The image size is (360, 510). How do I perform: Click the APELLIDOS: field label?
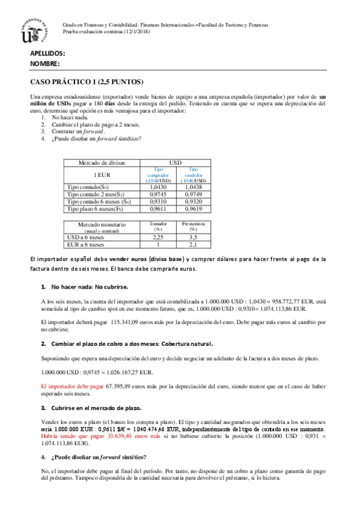(x=47, y=53)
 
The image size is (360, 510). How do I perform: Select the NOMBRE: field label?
(x=45, y=63)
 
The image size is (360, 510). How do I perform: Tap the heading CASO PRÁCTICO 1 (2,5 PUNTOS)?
(x=87, y=82)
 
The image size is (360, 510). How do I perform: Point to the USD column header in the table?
(x=175, y=163)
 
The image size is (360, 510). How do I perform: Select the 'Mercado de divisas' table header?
(x=102, y=163)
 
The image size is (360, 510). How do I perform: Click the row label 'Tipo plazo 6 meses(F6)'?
(x=95, y=209)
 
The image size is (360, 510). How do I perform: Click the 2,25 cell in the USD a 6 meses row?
(x=159, y=237)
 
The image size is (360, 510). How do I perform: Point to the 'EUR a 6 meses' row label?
(x=85, y=245)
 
